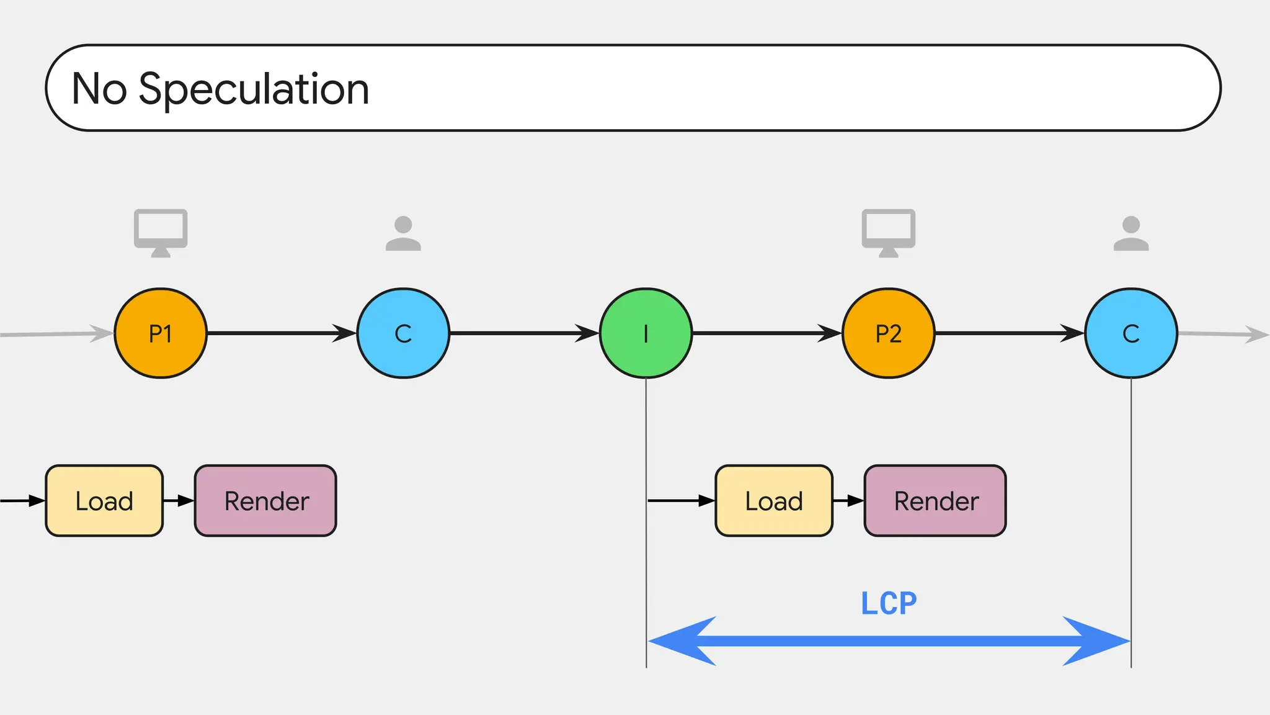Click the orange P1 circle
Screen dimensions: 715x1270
click(x=161, y=333)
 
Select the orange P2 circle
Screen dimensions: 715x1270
click(x=888, y=333)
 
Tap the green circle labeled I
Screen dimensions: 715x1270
click(x=646, y=333)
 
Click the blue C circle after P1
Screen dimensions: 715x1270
click(x=403, y=333)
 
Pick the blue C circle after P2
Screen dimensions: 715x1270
click(x=1130, y=333)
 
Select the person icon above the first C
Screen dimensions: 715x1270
click(x=403, y=233)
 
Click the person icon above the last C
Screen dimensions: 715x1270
click(x=1130, y=233)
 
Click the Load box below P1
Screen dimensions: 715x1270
click(x=104, y=500)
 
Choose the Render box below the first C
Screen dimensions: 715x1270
click(x=265, y=500)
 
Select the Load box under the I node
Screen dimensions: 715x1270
click(x=774, y=500)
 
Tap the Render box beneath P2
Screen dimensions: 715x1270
click(x=935, y=500)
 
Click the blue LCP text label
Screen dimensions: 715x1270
click(x=888, y=603)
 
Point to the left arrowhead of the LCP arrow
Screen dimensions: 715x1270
click(x=679, y=641)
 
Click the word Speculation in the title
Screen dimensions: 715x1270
click(x=254, y=89)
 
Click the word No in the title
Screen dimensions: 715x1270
click(x=99, y=89)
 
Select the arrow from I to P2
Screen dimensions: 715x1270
click(x=766, y=333)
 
